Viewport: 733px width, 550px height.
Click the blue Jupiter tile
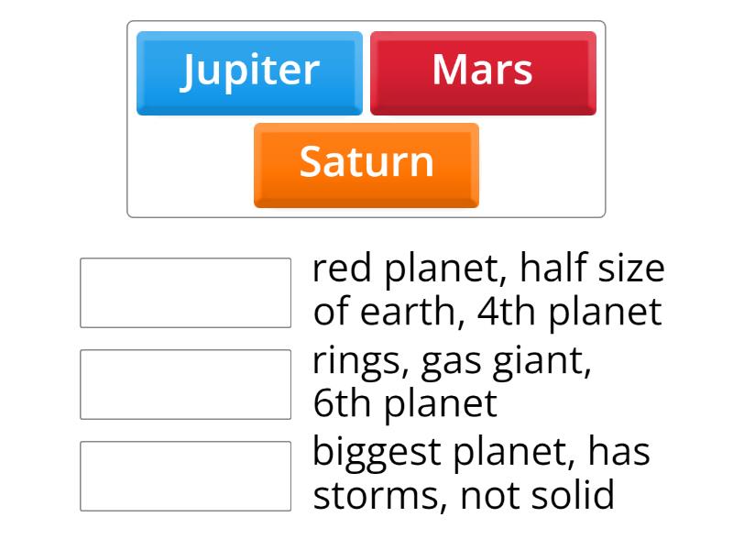coord(249,72)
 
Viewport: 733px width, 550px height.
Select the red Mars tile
coord(483,72)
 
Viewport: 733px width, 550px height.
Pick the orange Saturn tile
coord(366,164)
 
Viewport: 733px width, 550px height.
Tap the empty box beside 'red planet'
coord(185,292)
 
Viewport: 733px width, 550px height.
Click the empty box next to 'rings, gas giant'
coord(185,384)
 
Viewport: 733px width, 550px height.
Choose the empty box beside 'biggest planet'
coord(185,476)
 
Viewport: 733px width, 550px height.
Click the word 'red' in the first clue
coord(344,270)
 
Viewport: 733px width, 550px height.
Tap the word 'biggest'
coord(379,454)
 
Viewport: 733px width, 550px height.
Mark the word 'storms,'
coord(380,496)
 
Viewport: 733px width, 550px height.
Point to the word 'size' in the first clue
coord(633,270)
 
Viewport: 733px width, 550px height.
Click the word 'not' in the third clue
coord(488,496)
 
